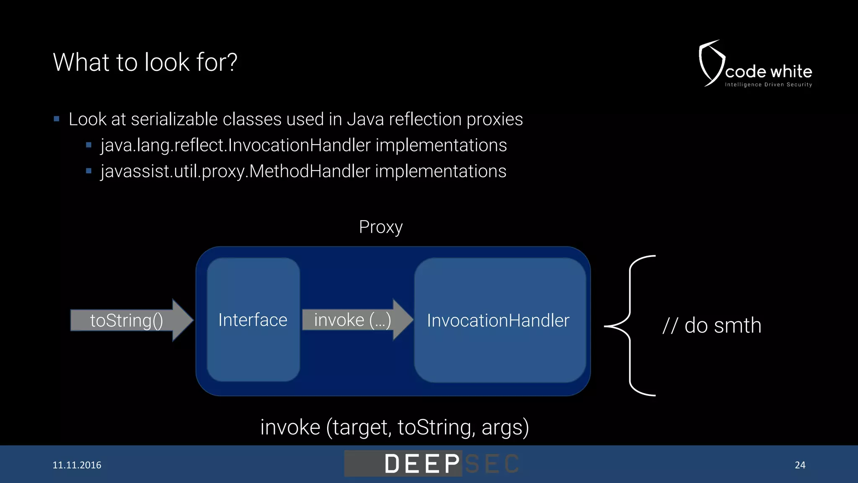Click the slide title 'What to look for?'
tap(145, 62)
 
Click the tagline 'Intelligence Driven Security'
tap(768, 85)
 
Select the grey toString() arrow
tap(130, 320)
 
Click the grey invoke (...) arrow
tap(356, 320)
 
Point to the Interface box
tap(253, 320)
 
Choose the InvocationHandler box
tap(499, 320)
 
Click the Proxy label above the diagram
tap(380, 227)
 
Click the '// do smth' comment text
tap(712, 325)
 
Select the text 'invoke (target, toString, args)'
tap(394, 427)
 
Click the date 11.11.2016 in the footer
tap(77, 465)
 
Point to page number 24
tap(800, 465)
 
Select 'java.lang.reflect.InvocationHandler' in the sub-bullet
tap(235, 145)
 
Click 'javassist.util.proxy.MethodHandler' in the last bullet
tap(235, 171)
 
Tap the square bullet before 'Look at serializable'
tap(57, 119)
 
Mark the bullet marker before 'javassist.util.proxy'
tap(88, 171)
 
